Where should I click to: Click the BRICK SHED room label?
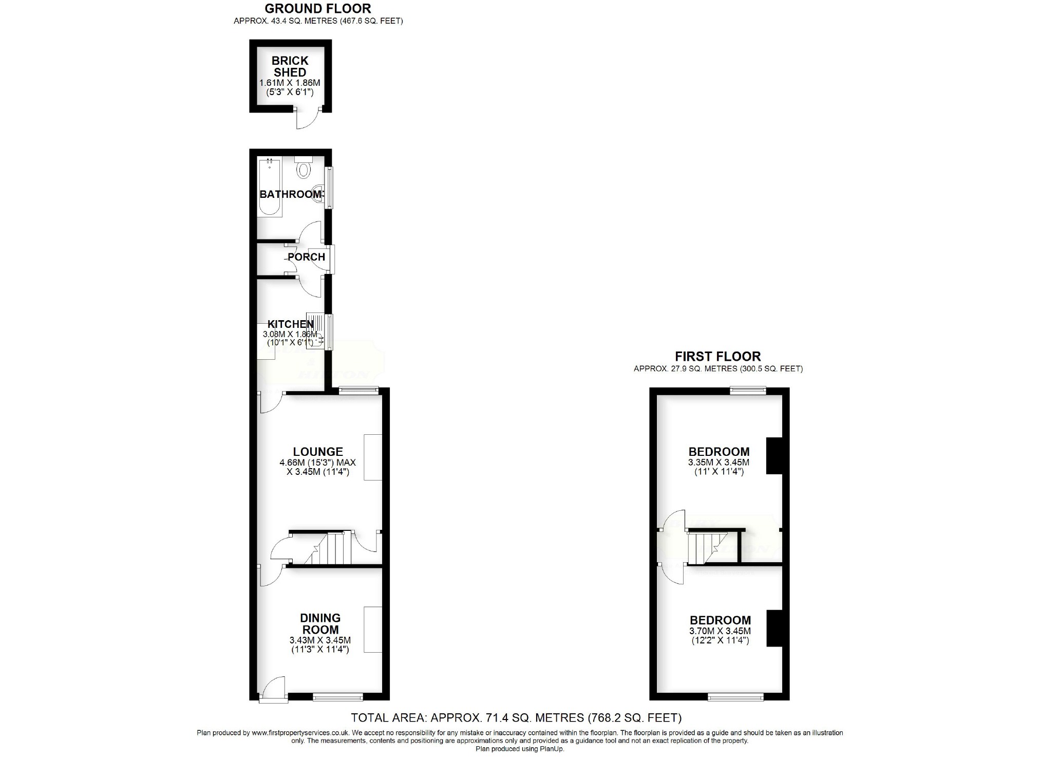point(290,67)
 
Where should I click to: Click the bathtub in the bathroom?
point(270,188)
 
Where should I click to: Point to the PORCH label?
point(306,257)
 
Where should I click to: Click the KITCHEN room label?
point(290,324)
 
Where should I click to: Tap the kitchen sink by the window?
point(315,331)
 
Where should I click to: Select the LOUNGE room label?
point(318,451)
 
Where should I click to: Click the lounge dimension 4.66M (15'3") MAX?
point(317,463)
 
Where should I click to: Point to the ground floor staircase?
point(329,548)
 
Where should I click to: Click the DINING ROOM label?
point(320,623)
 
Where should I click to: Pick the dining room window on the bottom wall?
point(338,697)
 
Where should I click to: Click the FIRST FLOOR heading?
point(717,356)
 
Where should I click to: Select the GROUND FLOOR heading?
point(318,8)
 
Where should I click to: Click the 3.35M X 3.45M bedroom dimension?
point(718,463)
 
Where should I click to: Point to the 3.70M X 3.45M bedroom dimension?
point(720,631)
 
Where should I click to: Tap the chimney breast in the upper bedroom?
point(773,455)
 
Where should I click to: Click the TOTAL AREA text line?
point(516,717)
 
